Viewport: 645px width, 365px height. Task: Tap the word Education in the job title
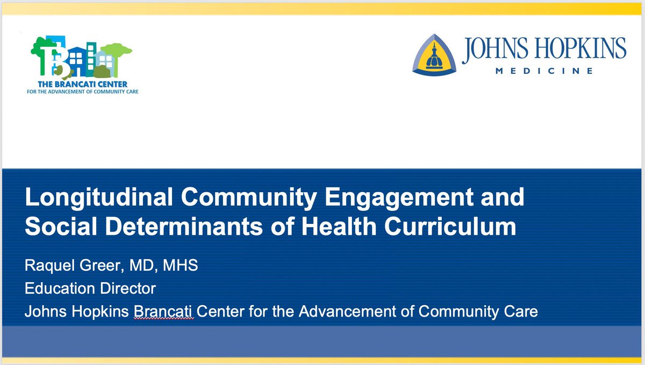pos(58,289)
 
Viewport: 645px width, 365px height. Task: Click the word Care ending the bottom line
pos(521,311)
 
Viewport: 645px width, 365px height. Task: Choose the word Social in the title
pos(59,226)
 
